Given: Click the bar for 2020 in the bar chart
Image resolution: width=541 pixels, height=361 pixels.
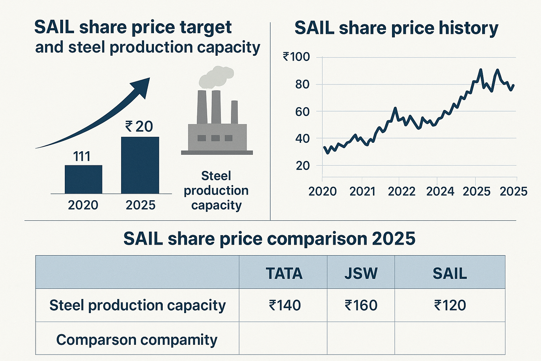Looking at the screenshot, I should coord(83,179).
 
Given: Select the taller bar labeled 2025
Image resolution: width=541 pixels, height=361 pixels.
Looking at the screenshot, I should coord(140,165).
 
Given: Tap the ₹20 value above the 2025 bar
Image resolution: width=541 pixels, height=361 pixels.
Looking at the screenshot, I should coord(139,127).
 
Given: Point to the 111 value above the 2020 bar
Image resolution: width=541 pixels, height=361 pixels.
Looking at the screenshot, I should coord(82,156).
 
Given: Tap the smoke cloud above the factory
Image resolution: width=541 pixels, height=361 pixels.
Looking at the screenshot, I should coord(216,77).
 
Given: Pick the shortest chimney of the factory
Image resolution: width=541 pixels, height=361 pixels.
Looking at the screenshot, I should coord(234,112).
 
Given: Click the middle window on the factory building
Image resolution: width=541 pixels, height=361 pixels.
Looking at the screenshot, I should coord(215,138).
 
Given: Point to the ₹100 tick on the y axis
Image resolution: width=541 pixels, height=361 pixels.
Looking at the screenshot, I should coord(296,57).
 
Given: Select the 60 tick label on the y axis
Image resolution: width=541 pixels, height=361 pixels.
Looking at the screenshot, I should coord(302,112).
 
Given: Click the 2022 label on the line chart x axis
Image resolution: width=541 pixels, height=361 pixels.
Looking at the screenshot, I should coord(402,191).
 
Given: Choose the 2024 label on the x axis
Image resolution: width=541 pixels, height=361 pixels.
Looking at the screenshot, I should coord(440,191).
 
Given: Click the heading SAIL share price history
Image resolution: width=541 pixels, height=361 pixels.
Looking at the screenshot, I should coord(396,28).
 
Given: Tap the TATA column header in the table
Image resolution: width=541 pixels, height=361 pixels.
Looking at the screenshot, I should coord(284,274).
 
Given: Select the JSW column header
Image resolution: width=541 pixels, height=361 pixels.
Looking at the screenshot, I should coord(361,274).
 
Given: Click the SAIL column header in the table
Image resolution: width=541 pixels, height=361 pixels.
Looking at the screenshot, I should coord(450,274).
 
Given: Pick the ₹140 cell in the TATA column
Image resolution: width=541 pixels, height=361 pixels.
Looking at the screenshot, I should coord(285,305).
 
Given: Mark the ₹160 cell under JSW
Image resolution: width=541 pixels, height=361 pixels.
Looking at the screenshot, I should coord(361,305).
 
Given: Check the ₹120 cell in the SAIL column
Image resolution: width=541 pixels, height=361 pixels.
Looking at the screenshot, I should coord(450,305).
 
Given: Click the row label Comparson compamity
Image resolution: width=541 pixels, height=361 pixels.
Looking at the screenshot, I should coord(137,340).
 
